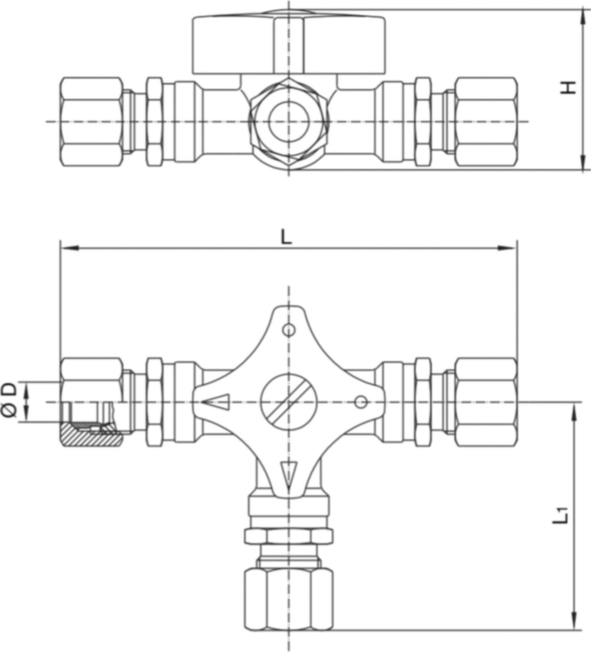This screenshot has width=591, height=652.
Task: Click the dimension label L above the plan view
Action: point(286,238)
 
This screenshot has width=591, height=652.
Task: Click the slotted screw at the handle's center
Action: point(289,401)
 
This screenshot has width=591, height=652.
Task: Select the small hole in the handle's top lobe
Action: point(289,330)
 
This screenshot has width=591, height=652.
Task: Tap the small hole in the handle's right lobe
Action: point(361,401)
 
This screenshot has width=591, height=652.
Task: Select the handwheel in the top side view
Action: point(289,44)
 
